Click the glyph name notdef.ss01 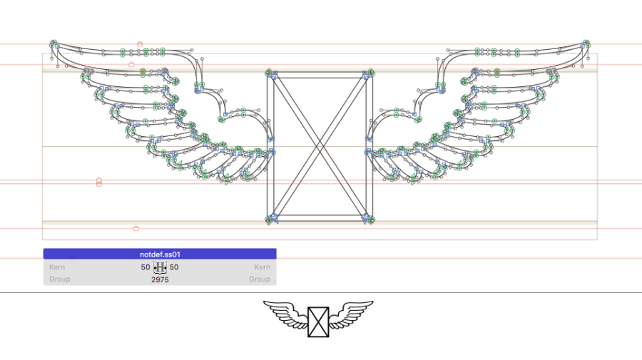[x=160, y=254]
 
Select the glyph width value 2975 [x=160, y=279]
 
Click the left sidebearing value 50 [x=146, y=267]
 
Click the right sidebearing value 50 [x=174, y=267]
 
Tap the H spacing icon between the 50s [x=160, y=267]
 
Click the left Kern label [x=57, y=267]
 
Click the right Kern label [x=262, y=267]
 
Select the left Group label [x=60, y=279]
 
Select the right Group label [x=260, y=279]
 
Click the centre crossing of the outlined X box [x=320, y=147]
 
